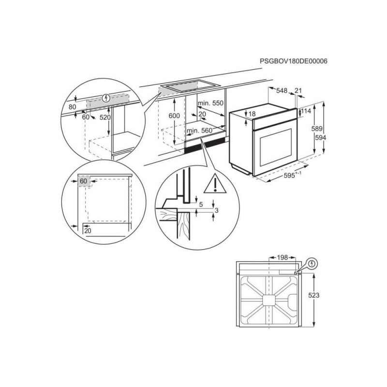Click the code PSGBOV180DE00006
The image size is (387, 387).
pos(294,61)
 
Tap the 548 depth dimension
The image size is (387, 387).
pos(282,90)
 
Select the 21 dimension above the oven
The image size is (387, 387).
pos(298,90)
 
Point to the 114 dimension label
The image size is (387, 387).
pos(306,111)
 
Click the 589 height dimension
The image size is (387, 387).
pos(317,129)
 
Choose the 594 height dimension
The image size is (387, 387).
pos(321,137)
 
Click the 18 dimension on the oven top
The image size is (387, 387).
pos(252,114)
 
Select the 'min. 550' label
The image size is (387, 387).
pos(210,103)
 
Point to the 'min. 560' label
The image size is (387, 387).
pos(200,131)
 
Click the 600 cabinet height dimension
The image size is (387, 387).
pos(174,116)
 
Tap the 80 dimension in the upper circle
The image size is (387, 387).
pos(72,107)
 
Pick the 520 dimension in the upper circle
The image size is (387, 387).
pos(105,118)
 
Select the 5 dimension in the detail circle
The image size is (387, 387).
pos(201,204)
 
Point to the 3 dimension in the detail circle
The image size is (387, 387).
pos(217,210)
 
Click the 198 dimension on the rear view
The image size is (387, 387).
pos(283,257)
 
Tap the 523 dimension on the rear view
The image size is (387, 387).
pos(313,295)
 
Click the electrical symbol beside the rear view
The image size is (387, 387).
pos(313,264)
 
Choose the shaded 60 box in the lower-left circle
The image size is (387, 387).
pos(84,181)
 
